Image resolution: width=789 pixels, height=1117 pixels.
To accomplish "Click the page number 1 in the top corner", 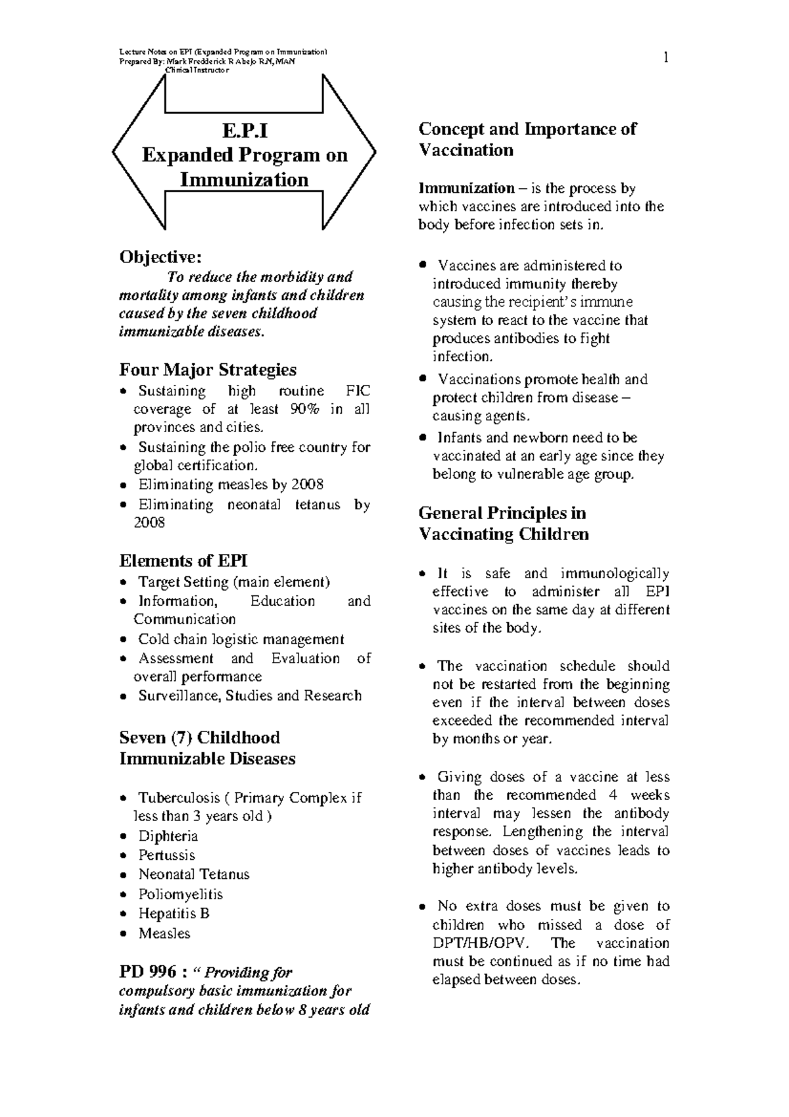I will (x=665, y=59).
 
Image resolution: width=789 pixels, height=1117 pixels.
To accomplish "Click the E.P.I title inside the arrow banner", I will (x=245, y=131).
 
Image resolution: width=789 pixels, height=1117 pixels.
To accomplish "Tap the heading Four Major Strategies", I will (x=207, y=370).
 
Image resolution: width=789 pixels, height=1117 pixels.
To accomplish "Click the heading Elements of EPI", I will (x=183, y=560).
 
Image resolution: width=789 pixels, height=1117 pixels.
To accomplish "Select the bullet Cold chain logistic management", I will (x=241, y=639).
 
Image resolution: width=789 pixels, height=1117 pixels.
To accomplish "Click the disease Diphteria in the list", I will (x=168, y=836).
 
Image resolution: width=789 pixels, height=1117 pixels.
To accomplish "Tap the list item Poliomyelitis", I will (x=180, y=894).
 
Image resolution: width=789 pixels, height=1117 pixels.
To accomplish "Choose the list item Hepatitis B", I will (x=174, y=913).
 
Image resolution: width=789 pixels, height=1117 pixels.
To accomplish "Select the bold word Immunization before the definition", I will (x=466, y=189).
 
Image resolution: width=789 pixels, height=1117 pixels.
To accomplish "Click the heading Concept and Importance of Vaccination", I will (x=527, y=139).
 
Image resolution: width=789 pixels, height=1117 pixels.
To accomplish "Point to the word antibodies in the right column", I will (x=515, y=339).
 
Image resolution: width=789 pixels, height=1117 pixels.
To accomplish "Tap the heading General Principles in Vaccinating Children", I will (x=503, y=523).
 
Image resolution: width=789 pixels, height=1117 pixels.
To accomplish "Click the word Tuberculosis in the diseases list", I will (x=179, y=798).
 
